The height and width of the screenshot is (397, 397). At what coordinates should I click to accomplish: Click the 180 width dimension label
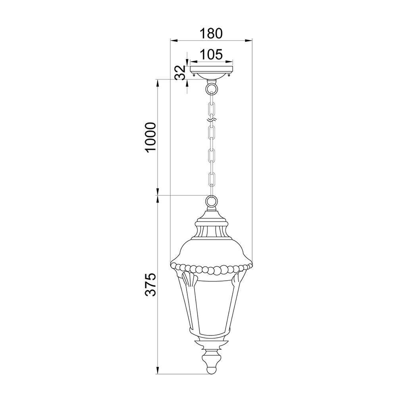click(211, 33)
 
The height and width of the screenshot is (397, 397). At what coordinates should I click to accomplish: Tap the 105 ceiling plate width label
click(211, 54)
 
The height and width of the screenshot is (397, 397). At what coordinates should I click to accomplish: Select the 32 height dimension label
click(180, 72)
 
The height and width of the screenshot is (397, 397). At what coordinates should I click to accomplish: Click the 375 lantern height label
click(150, 285)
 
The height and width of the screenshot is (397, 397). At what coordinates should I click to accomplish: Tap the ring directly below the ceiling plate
click(212, 89)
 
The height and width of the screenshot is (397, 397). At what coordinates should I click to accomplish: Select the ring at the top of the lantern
click(212, 201)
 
